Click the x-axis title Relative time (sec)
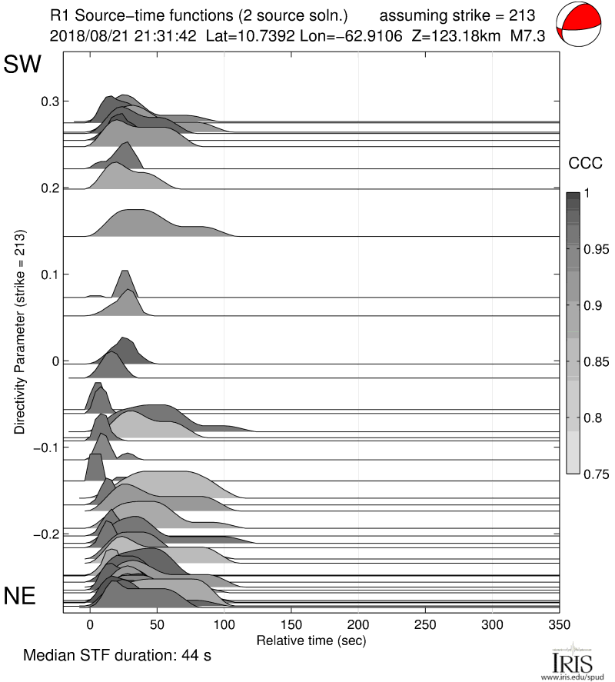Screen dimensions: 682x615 pos(311,640)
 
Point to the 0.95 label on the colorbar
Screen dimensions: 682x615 pos(595,250)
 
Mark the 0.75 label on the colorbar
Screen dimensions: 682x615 pos(595,474)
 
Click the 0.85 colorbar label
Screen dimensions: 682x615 pos(595,362)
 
